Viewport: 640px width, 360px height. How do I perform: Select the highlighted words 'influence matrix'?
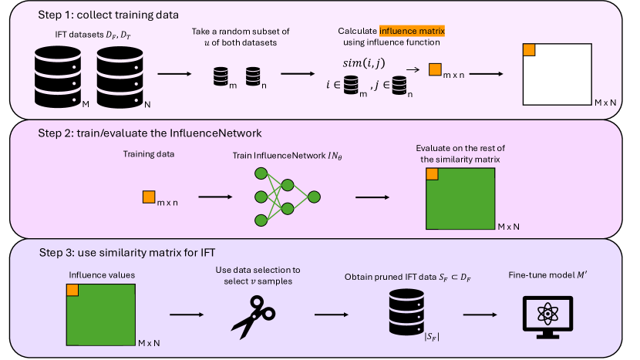pos(412,31)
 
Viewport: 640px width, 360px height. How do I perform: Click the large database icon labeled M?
pos(58,77)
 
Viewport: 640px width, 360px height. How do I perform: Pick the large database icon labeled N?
pos(120,77)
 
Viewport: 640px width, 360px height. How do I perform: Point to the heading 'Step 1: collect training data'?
pos(108,15)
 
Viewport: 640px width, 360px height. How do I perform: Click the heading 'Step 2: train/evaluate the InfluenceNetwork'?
pos(150,133)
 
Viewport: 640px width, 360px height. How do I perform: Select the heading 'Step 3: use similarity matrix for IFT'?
pos(127,253)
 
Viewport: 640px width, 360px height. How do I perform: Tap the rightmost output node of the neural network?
pos(314,197)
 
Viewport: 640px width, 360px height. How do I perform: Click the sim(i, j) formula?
pos(364,63)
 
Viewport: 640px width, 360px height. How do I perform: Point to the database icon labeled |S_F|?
pos(406,312)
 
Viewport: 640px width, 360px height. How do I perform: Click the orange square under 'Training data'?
pos(149,197)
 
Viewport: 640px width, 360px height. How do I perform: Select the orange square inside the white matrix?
pos(529,50)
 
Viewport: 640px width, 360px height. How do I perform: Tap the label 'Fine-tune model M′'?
pos(547,275)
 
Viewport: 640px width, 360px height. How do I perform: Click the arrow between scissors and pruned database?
pos(332,315)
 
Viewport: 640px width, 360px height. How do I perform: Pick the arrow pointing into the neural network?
pos(215,197)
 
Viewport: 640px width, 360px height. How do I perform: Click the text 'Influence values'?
pos(102,275)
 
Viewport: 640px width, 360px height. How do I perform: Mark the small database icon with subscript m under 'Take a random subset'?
pos(221,76)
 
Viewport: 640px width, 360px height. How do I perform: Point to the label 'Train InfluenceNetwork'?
pos(280,156)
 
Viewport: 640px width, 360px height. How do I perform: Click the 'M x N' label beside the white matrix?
pos(605,103)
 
